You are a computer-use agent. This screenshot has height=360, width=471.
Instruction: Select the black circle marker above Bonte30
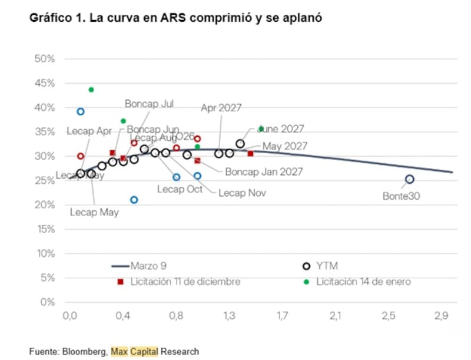(410, 179)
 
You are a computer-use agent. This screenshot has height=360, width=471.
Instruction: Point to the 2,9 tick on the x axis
(441, 316)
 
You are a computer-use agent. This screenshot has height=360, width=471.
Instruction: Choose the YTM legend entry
(325, 266)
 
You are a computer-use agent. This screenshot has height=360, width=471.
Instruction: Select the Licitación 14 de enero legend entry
(363, 282)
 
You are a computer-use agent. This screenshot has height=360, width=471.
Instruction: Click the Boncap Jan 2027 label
(264, 172)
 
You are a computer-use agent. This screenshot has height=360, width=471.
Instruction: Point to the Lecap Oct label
(180, 189)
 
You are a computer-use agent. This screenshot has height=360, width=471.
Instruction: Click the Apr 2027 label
(221, 108)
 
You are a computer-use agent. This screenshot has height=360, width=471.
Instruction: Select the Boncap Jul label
(149, 103)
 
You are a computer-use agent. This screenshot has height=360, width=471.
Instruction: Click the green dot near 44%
(91, 90)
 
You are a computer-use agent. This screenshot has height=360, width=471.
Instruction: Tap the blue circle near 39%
(81, 111)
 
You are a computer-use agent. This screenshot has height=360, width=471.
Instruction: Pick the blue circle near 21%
(134, 200)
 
